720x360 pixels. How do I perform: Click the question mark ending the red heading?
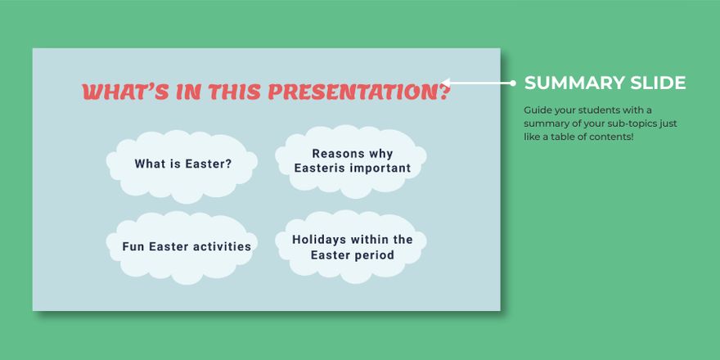pos(443,92)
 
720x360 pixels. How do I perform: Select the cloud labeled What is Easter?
pos(182,164)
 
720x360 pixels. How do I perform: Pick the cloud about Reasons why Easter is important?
pos(352,161)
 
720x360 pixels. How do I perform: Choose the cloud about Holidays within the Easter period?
pos(353,247)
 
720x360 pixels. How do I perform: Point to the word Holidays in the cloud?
pos(319,240)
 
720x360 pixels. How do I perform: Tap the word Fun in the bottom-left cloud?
pos(133,246)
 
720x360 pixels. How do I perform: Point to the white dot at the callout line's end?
pos(513,83)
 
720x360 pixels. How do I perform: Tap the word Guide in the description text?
pos(537,110)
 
